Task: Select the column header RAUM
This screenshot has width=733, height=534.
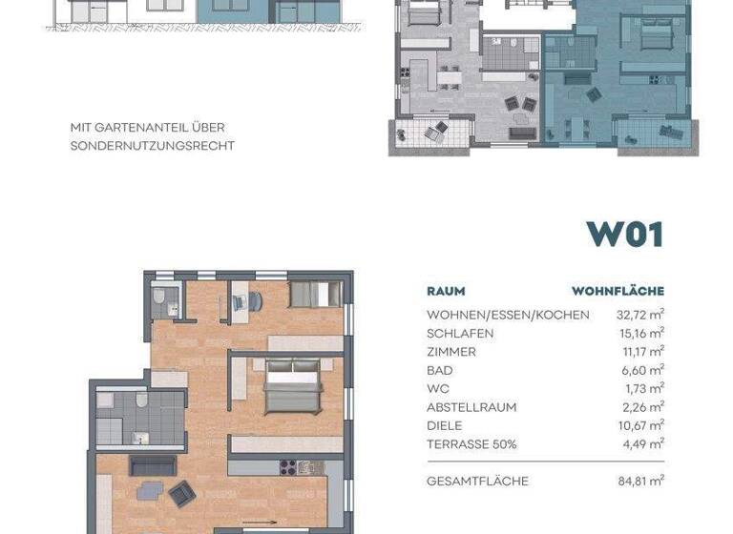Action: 446,291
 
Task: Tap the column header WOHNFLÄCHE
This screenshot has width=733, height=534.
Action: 618,291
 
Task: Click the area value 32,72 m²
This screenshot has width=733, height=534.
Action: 641,315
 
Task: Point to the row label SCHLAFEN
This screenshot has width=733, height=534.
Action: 460,333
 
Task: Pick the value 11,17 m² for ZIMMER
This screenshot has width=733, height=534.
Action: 641,352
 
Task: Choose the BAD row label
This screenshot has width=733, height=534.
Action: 440,370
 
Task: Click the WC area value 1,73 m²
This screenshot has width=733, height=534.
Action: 645,389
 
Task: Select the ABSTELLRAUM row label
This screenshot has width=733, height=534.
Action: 471,407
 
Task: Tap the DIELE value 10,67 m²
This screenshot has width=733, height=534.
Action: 641,425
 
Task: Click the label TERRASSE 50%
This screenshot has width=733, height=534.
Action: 471,444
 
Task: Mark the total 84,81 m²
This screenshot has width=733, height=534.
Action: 641,482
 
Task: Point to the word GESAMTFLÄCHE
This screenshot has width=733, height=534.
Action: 477,482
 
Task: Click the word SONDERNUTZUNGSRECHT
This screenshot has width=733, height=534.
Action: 152,146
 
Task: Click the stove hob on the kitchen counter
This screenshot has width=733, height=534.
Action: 284,467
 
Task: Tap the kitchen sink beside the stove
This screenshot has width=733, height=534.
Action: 306,467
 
